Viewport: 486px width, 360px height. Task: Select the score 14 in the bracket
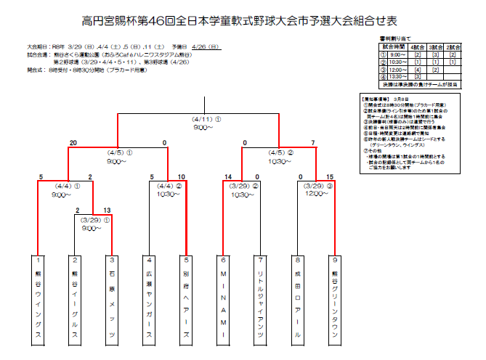228,177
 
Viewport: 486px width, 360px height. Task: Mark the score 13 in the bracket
108,210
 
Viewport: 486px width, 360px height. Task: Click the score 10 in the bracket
182,177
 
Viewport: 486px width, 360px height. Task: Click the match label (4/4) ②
168,185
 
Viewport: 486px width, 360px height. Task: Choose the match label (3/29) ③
316,185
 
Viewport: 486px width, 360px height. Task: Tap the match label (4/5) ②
280,152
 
